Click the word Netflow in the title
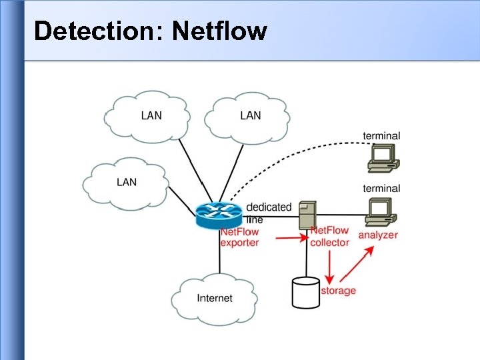pyautogui.click(x=219, y=31)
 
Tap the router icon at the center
pyautogui.click(x=219, y=213)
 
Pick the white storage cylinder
pyautogui.click(x=306, y=293)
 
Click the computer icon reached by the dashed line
pyautogui.click(x=383, y=157)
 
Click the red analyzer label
pyautogui.click(x=377, y=235)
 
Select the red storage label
pyautogui.click(x=338, y=291)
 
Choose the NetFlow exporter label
pyautogui.click(x=239, y=237)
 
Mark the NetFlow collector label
pyautogui.click(x=329, y=237)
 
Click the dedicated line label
pyautogui.click(x=269, y=212)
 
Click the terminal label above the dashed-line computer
pyautogui.click(x=381, y=136)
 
